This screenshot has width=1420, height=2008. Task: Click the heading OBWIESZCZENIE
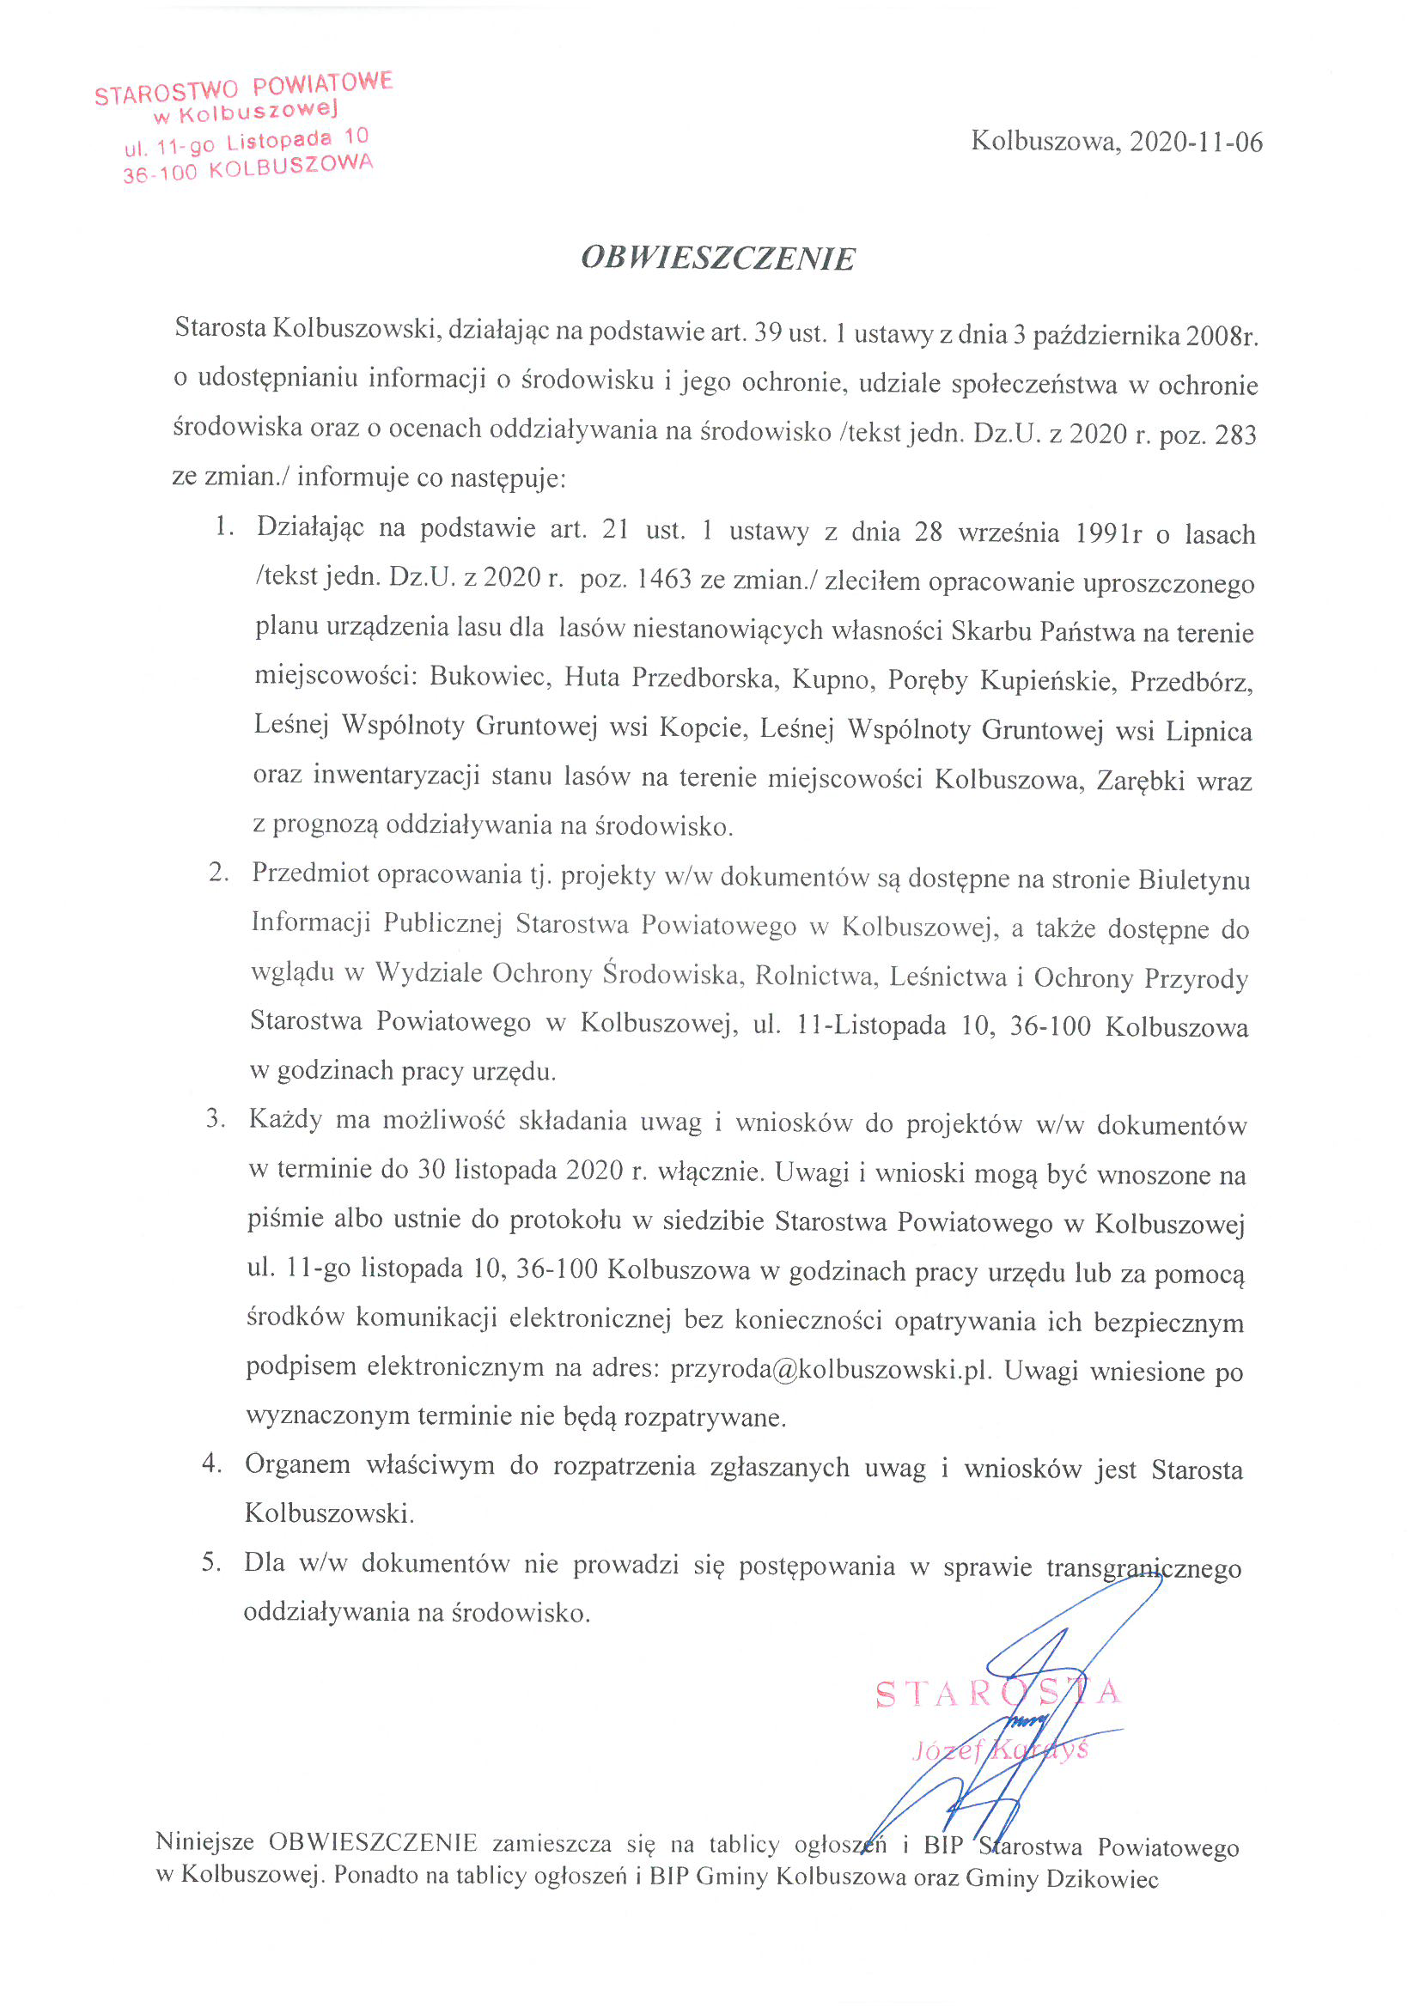point(717,259)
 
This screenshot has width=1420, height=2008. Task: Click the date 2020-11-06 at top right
point(1195,142)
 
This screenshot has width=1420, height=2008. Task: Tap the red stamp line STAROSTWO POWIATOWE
point(244,88)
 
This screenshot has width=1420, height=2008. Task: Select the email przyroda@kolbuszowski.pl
point(831,1370)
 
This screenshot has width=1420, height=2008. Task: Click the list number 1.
point(224,526)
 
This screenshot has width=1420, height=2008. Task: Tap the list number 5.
point(210,1562)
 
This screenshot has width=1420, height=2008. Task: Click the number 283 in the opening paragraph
point(1235,435)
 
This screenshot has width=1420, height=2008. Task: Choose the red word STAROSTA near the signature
point(997,1694)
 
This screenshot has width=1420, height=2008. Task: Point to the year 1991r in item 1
point(1107,533)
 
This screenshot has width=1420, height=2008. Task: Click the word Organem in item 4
point(297,1465)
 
